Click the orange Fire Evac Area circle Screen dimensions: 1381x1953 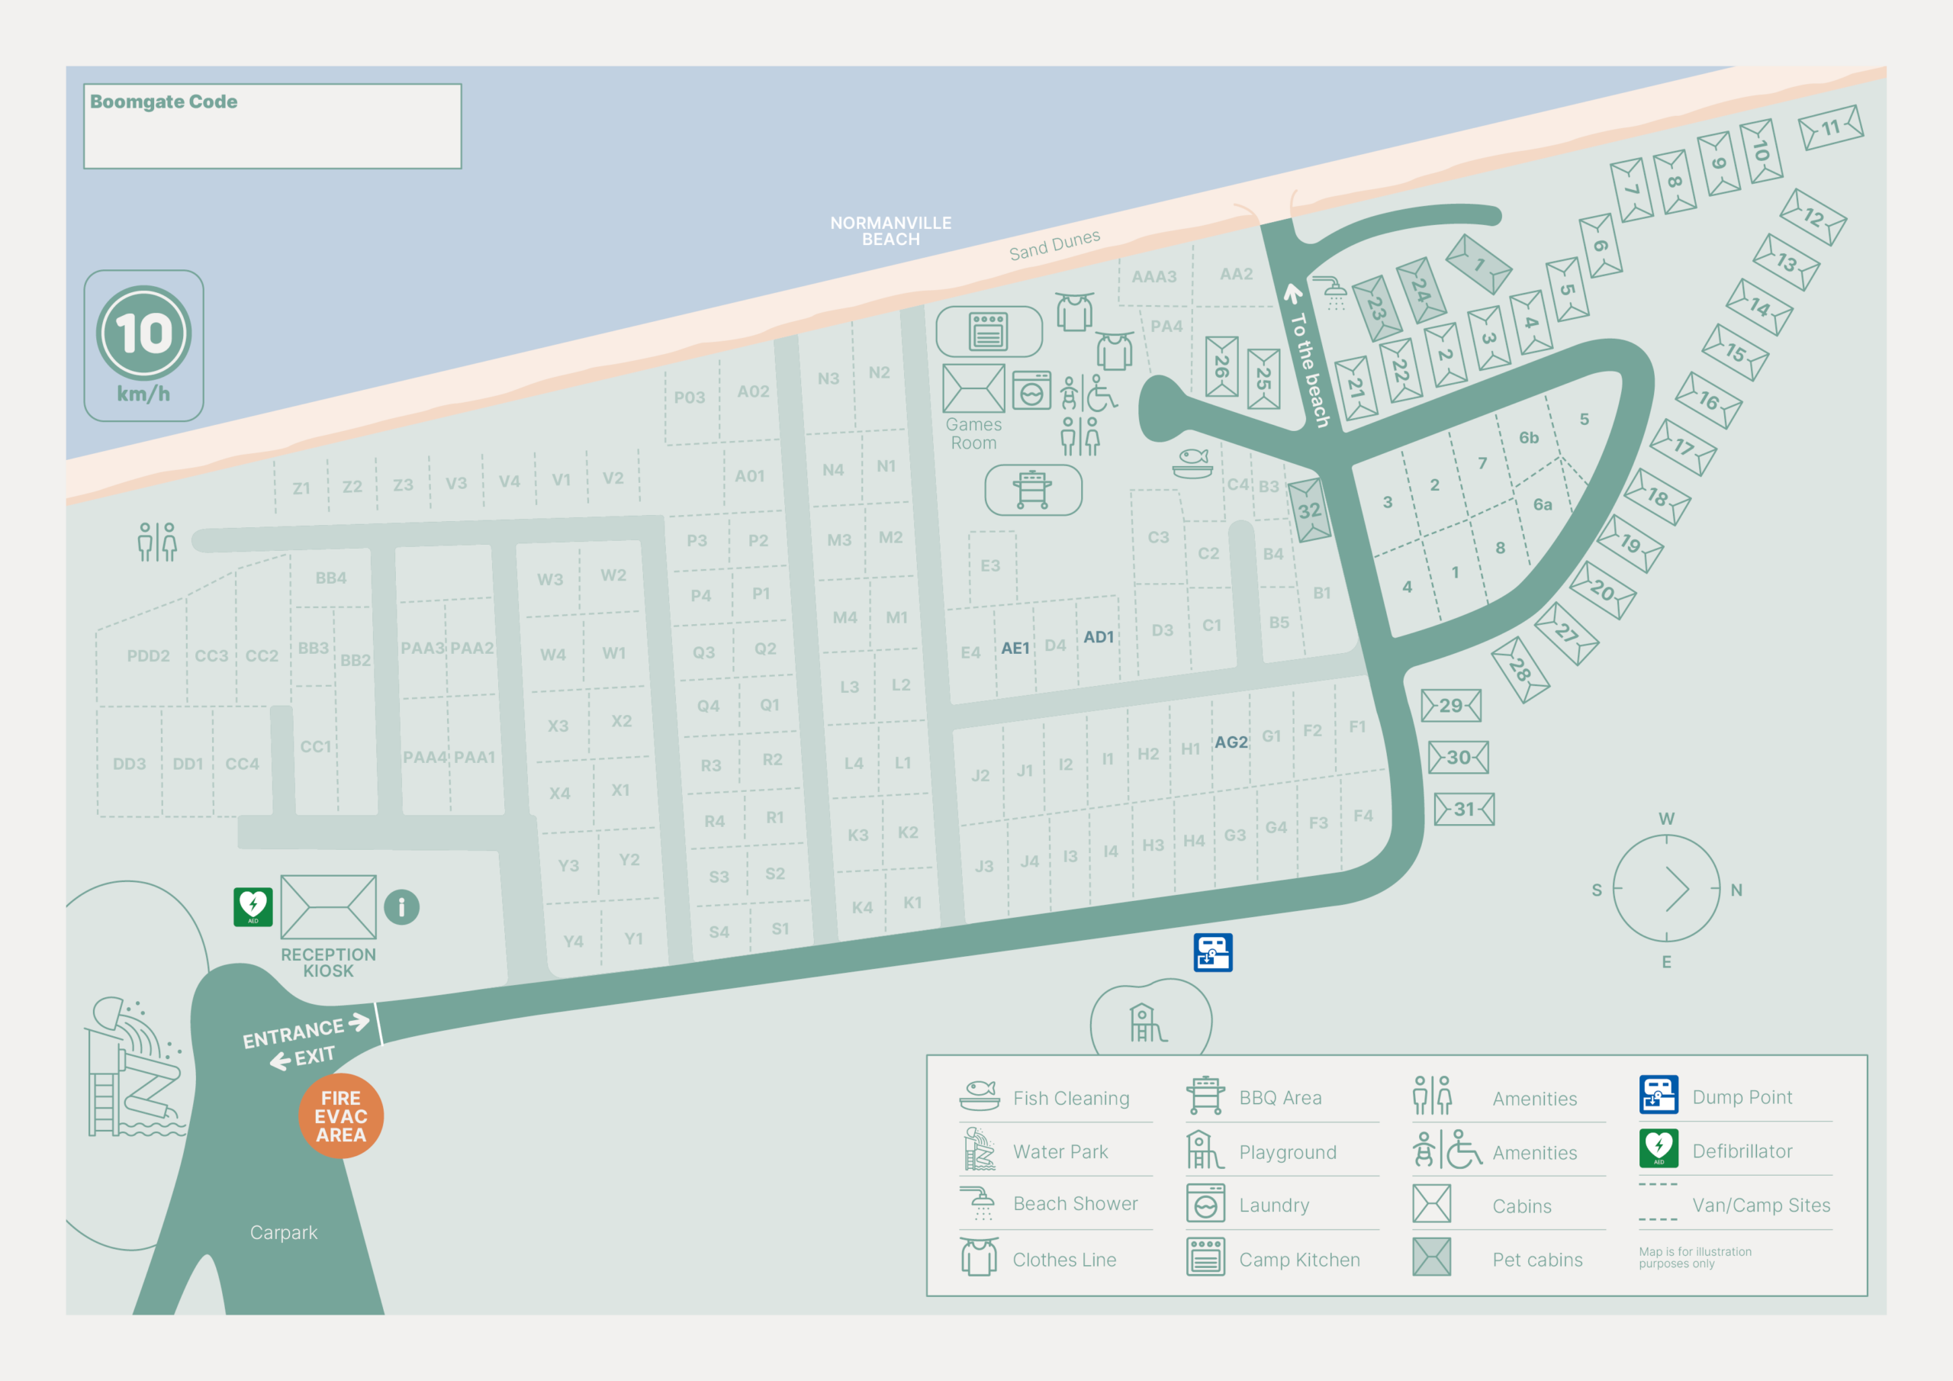[x=340, y=1115]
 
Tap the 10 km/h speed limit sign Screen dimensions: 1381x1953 [x=143, y=345]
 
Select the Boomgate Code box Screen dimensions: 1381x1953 [x=272, y=126]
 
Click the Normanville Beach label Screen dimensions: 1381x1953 [x=890, y=230]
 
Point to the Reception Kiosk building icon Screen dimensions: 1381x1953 [x=328, y=907]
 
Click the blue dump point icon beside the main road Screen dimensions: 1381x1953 [x=1212, y=952]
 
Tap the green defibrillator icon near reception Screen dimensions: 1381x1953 [x=253, y=907]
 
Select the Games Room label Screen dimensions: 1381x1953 [x=973, y=433]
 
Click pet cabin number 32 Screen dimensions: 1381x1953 [x=1309, y=510]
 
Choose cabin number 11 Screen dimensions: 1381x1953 [x=1830, y=127]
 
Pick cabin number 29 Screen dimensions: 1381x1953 [x=1451, y=706]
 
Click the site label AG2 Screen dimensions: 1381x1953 [x=1231, y=742]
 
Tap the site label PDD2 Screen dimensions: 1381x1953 [x=148, y=656]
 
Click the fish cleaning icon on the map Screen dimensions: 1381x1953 [x=1192, y=463]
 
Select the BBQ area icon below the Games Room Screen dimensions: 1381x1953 [x=1033, y=490]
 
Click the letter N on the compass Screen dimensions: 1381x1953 [x=1736, y=890]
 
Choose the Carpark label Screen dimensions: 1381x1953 [x=283, y=1232]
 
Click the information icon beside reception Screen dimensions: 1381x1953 [x=401, y=907]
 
